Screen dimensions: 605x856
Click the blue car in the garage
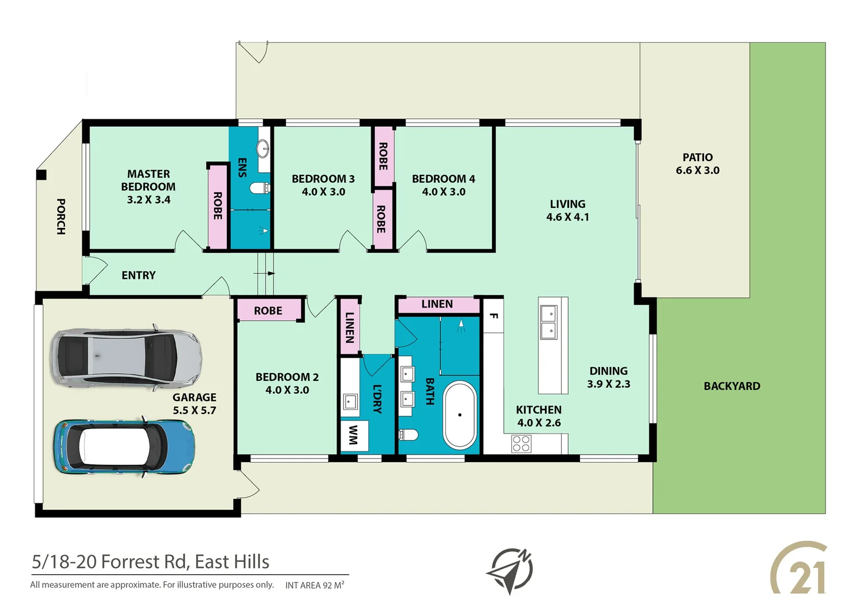coord(124,447)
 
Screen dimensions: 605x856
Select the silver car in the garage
coord(126,357)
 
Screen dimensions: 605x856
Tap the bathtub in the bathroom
coord(459,415)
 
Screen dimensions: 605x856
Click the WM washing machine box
coord(354,435)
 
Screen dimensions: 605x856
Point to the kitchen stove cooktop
coord(521,444)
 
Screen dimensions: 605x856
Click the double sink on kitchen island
coord(548,323)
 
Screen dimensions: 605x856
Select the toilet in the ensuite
coord(259,188)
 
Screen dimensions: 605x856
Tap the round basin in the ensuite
coord(263,148)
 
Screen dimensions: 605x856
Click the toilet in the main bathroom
coord(408,435)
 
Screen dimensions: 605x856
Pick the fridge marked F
coord(494,316)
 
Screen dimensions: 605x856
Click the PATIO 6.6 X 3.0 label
coord(697,164)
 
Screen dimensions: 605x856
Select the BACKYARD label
coord(732,386)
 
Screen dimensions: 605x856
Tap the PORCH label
coord(61,216)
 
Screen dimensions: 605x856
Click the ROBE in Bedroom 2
coord(268,310)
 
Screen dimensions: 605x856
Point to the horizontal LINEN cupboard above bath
coord(437,304)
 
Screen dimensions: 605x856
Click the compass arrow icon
coord(510,570)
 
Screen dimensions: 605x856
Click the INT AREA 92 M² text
coord(314,585)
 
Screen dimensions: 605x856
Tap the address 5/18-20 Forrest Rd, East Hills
coord(151,561)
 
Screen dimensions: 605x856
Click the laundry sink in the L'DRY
coord(351,402)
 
